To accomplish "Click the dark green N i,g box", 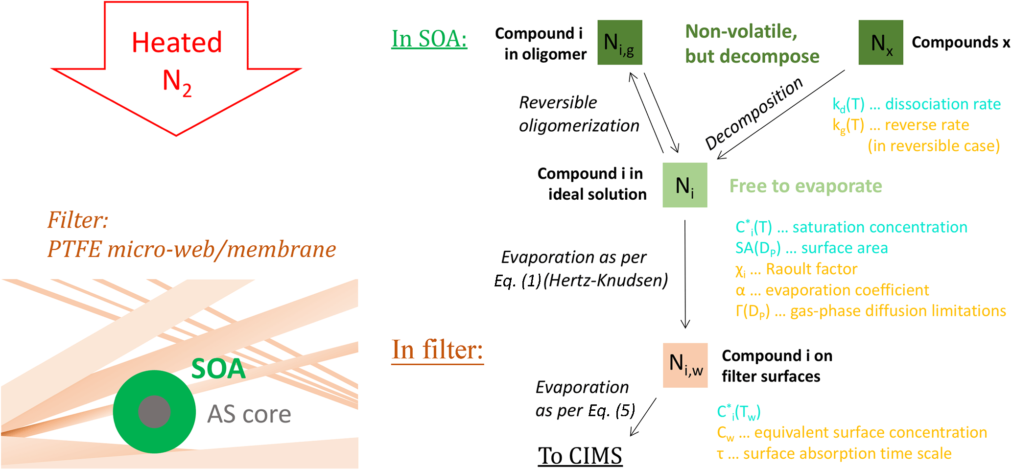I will [x=619, y=43].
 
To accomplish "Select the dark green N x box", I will [x=880, y=43].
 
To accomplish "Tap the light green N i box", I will [x=684, y=185].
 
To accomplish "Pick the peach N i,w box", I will [x=685, y=365].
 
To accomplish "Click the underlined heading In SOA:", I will [x=429, y=39].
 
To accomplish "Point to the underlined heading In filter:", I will [x=437, y=350].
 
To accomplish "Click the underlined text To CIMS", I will [x=580, y=456].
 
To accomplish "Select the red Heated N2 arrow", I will [x=176, y=64].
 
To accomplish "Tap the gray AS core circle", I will [x=154, y=412].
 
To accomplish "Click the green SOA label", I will [x=218, y=369].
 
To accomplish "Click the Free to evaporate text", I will [x=805, y=186].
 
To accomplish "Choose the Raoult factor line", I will [x=796, y=269].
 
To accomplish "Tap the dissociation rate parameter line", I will [x=916, y=104].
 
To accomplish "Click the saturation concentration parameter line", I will [x=851, y=227].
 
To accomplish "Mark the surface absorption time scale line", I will [x=834, y=454].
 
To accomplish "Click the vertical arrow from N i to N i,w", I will [x=685, y=274].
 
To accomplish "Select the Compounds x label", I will [x=960, y=43].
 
